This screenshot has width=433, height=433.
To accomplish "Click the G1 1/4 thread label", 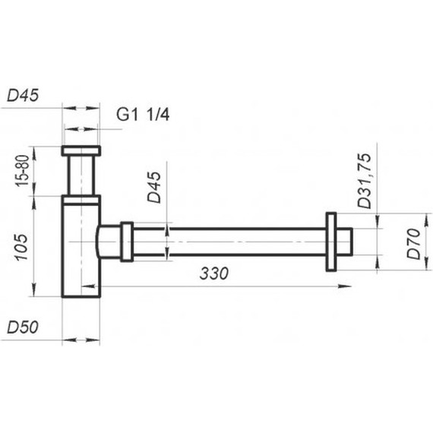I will pyautogui.click(x=143, y=115).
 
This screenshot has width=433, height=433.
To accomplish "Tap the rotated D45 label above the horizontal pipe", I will pyautogui.click(x=155, y=187).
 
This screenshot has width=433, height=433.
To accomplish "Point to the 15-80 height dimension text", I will pyautogui.click(x=22, y=171).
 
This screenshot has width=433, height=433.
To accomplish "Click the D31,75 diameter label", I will pyautogui.click(x=365, y=179).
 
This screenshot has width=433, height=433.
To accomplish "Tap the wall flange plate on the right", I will pyautogui.click(x=331, y=242).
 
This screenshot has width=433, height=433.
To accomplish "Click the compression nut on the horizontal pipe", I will pyautogui.click(x=126, y=242).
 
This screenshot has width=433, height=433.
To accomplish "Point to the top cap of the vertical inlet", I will pyautogui.click(x=81, y=150).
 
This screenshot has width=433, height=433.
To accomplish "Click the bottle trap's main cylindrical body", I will pyautogui.click(x=81, y=258).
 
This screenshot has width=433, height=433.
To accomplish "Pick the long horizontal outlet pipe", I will pyautogui.click(x=228, y=242).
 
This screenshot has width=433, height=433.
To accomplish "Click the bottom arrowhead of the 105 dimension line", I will pyautogui.click(x=34, y=295).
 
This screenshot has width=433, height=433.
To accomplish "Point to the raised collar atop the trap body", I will pyautogui.click(x=81, y=200).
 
